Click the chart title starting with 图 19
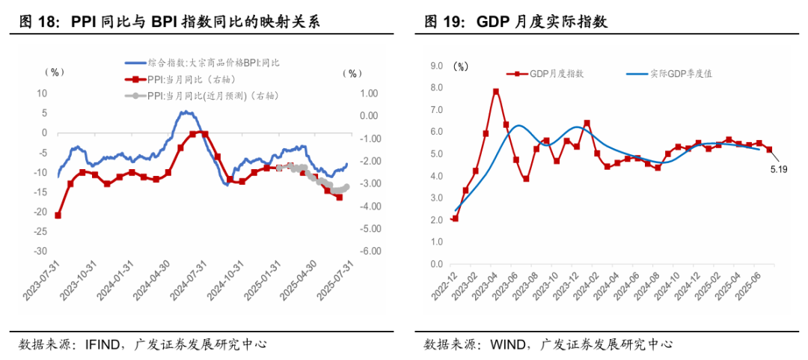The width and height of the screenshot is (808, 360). pos(515,22)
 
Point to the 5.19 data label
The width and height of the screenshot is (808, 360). pos(777,170)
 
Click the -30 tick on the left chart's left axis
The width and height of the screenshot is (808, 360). pos(40,251)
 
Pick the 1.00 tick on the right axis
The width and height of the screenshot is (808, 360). pos(369,94)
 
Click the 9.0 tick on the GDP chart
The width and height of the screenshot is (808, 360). pos(438,66)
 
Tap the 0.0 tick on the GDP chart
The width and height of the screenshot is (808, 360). pos(438,265)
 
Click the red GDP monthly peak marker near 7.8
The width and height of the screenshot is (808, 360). pos(496,92)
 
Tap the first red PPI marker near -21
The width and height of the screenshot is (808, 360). pos(58,216)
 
